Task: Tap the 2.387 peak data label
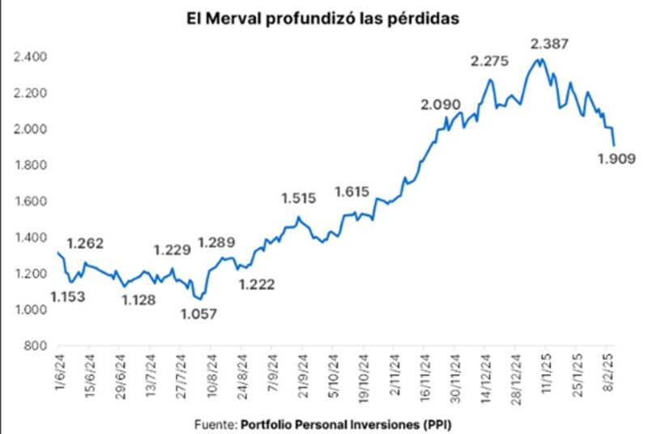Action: coord(550,43)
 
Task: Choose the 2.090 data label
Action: coord(441,104)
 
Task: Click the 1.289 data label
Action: coord(217,241)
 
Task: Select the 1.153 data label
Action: coord(70,296)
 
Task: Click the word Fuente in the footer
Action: coord(215,423)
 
